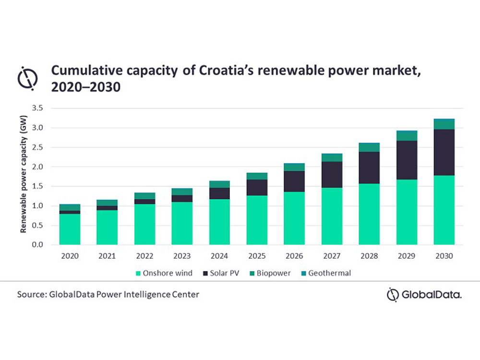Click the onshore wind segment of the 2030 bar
[444, 210]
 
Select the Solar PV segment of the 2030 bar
[444, 152]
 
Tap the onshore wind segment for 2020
[70, 229]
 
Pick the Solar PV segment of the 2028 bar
[369, 168]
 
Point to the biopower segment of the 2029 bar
[407, 136]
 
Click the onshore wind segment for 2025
[257, 220]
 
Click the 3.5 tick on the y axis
[38, 108]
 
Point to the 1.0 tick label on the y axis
[38, 206]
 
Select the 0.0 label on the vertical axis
[38, 245]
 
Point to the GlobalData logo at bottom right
[424, 295]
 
